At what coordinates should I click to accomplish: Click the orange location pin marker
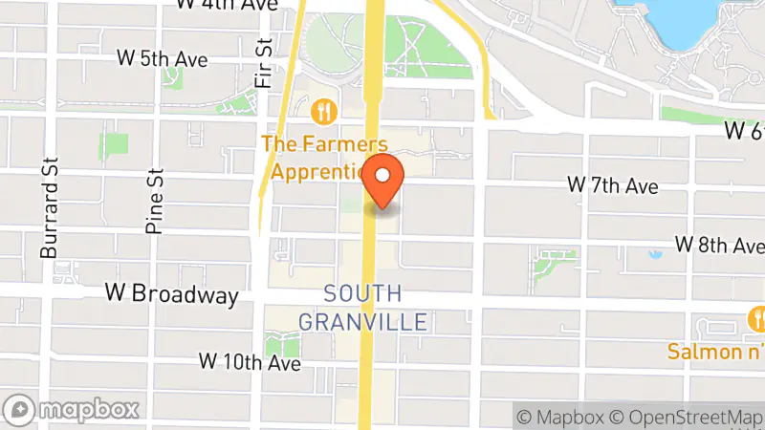click(x=383, y=179)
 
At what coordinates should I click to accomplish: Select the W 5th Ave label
click(x=162, y=58)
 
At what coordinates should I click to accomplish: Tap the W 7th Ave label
click(x=613, y=184)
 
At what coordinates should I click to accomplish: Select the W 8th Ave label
click(x=719, y=245)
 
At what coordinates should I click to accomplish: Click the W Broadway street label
click(x=171, y=294)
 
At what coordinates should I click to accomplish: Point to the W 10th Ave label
click(x=250, y=362)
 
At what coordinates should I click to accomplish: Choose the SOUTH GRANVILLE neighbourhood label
click(x=362, y=308)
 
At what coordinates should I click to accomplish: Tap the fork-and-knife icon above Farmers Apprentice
click(x=326, y=111)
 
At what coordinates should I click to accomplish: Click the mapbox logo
click(x=73, y=409)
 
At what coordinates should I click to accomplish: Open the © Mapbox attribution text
click(x=560, y=417)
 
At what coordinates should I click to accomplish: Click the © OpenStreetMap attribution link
click(x=686, y=417)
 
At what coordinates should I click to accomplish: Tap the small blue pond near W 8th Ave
click(x=656, y=255)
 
